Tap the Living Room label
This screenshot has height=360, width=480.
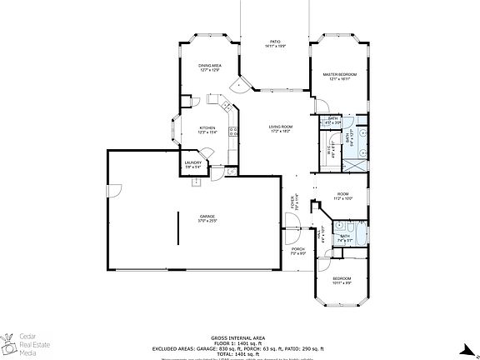point(279,128)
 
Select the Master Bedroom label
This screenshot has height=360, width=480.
point(340,77)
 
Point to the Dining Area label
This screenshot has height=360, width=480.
point(209,67)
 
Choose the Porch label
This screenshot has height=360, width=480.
point(297,251)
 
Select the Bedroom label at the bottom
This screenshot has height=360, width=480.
point(342,280)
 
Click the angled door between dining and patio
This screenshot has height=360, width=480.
point(242,84)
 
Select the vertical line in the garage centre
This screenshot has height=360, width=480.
point(177,227)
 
